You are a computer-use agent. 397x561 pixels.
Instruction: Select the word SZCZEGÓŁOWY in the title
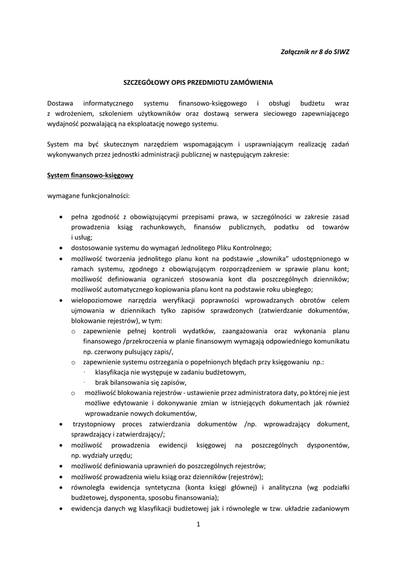tap(144, 83)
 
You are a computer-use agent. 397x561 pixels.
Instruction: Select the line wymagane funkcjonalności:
tap(88, 196)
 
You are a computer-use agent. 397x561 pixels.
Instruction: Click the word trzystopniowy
tap(96, 424)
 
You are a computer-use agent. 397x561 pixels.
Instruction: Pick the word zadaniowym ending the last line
tap(329, 508)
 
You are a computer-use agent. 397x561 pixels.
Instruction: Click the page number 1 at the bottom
tap(198, 524)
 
